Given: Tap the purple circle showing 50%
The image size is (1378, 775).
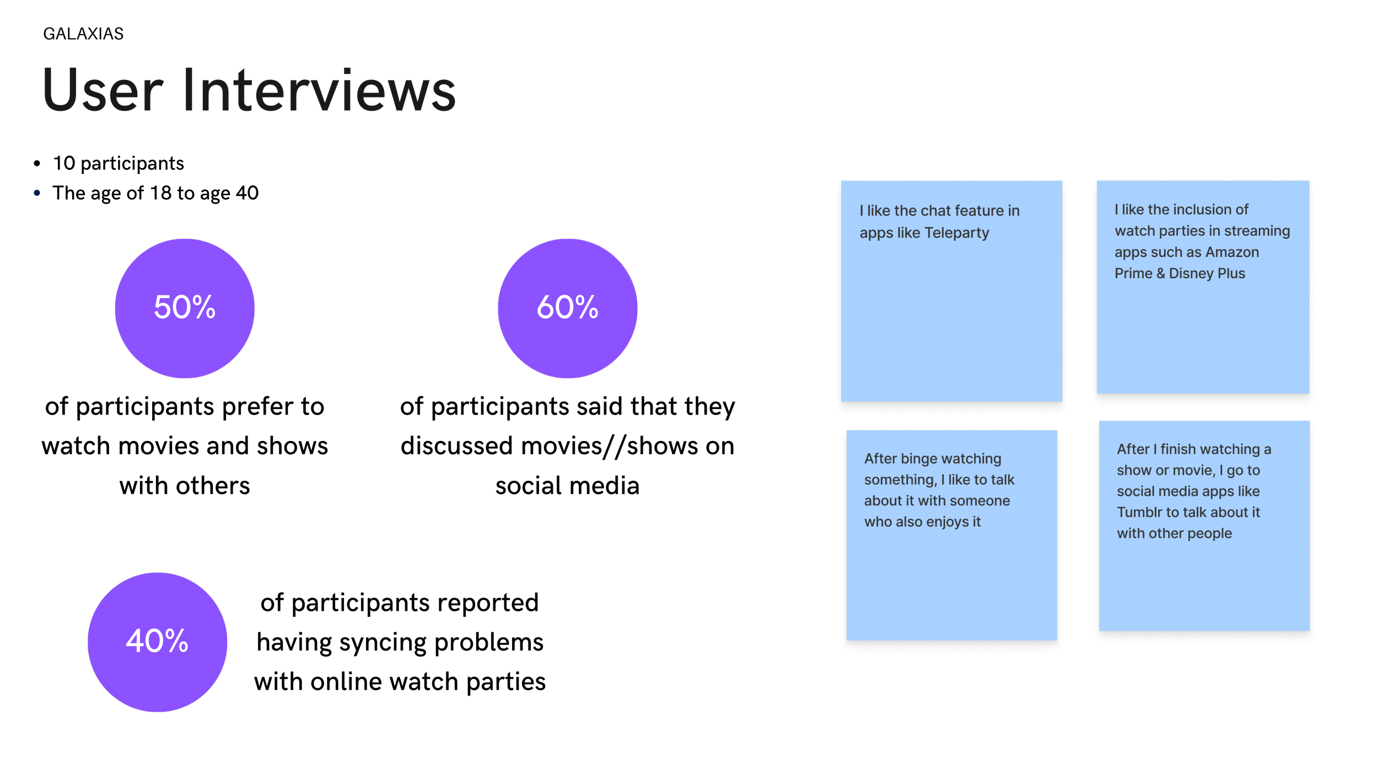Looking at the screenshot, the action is [x=185, y=308].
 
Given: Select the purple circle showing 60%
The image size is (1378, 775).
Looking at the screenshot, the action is [x=567, y=308].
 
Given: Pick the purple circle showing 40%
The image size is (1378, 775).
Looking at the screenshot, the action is [x=158, y=642].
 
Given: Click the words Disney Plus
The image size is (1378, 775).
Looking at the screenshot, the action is [x=1207, y=274].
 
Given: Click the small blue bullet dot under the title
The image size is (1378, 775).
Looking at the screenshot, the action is [x=37, y=193].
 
